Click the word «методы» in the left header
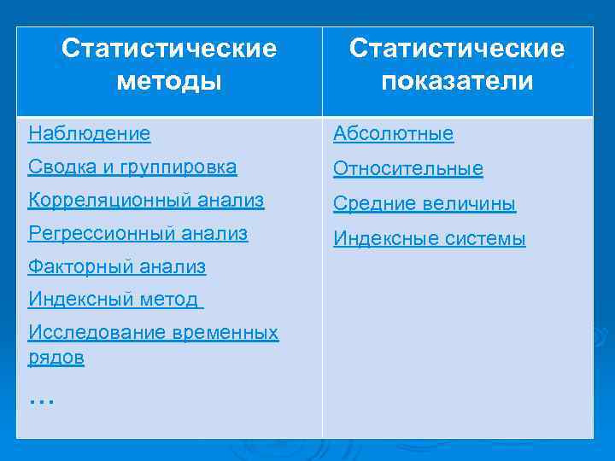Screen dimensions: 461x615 point(169,81)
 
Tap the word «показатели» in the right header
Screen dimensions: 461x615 point(457,81)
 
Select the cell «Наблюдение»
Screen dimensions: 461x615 point(89,133)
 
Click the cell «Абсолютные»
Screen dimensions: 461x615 point(394,134)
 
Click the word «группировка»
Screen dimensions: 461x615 point(181,167)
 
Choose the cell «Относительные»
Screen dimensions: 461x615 point(408,169)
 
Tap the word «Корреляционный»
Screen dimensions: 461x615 point(103,201)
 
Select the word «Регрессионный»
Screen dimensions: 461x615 point(97,233)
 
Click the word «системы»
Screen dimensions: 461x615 point(485,239)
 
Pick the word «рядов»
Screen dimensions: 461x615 point(56,359)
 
